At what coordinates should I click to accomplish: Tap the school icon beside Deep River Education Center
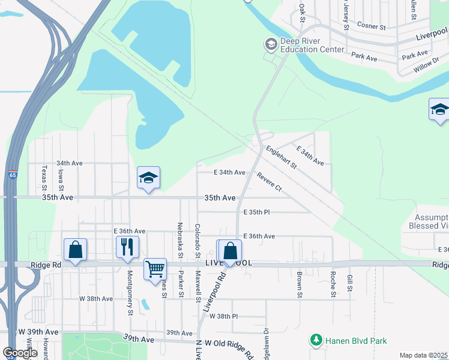271,44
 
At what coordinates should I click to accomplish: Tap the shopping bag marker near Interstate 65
76,249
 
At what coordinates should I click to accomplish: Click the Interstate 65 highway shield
13,175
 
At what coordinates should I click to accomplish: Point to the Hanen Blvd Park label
356,341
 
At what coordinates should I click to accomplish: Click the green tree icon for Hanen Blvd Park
316,341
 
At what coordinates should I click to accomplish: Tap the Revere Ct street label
268,182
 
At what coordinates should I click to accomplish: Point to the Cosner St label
371,26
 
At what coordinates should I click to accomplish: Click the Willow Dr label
426,67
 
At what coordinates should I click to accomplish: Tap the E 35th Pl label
257,212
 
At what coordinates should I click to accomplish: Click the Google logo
20,353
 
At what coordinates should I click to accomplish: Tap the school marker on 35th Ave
148,178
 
